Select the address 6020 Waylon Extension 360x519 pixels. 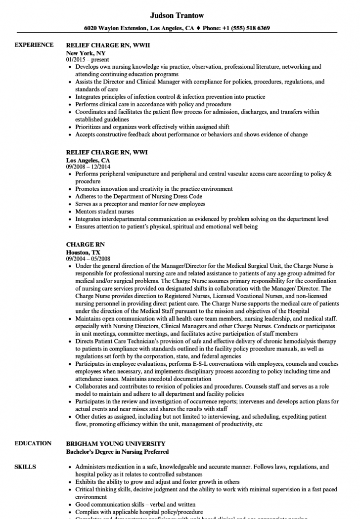(x=118, y=28)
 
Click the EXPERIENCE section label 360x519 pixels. (x=34, y=45)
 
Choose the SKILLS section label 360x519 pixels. (x=25, y=467)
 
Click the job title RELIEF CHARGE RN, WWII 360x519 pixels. (x=108, y=45)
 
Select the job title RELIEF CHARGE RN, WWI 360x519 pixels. (x=107, y=153)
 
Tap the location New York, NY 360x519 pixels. (x=86, y=52)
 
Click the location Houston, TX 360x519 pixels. (x=83, y=252)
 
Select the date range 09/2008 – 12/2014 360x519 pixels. (x=91, y=167)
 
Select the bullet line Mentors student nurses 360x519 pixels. (x=104, y=211)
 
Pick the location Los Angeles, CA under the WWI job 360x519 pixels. (x=88, y=160)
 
